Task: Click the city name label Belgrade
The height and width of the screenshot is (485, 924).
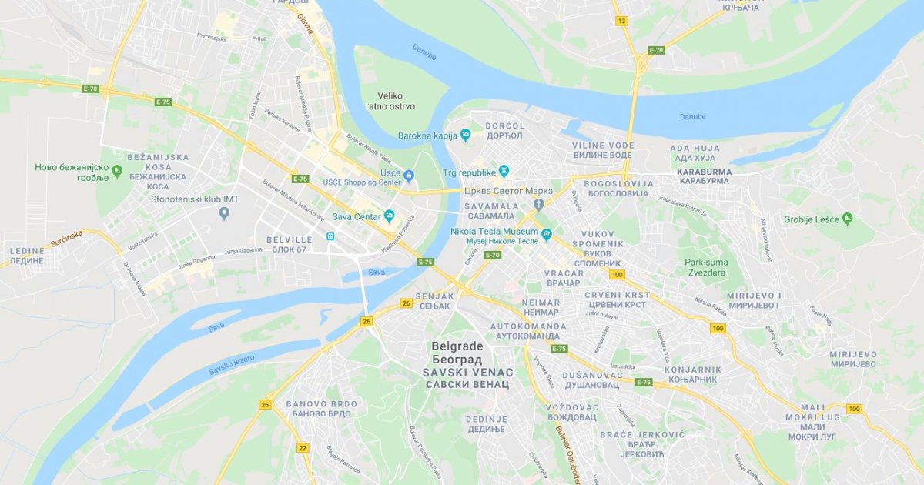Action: (x=457, y=346)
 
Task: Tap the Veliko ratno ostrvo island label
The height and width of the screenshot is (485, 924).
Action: (x=396, y=101)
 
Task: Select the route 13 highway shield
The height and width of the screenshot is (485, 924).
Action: (x=621, y=21)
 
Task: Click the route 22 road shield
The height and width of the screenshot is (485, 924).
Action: (x=303, y=447)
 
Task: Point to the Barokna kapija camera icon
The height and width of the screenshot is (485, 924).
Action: (x=465, y=135)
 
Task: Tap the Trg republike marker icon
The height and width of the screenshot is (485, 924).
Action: (x=504, y=170)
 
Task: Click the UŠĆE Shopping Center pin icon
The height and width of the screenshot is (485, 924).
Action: (x=409, y=176)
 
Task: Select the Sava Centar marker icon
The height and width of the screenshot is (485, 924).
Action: (x=390, y=216)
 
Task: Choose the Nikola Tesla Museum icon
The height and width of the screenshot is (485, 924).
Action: (x=547, y=234)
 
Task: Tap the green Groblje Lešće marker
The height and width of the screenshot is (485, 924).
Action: (x=847, y=219)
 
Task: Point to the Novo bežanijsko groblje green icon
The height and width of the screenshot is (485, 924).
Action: (x=117, y=171)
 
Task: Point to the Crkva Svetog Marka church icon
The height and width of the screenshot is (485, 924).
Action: (x=539, y=204)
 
